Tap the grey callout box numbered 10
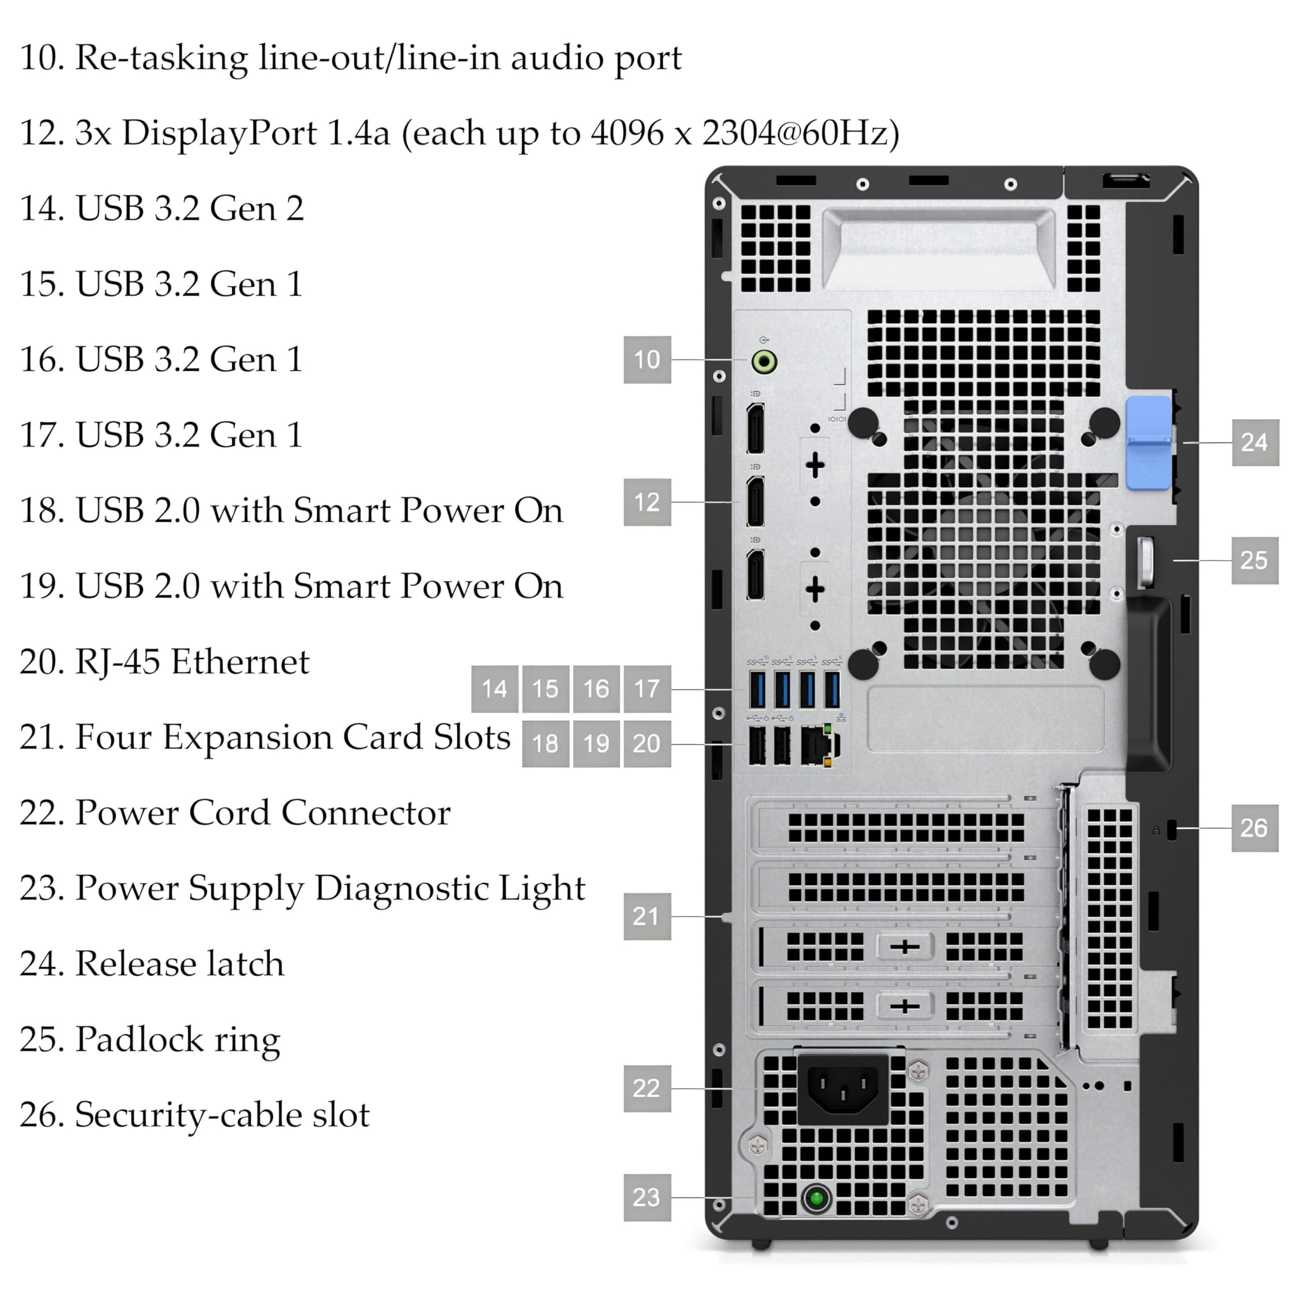coord(646,360)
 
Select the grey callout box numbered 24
coord(1255,442)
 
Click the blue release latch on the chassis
coord(1148,442)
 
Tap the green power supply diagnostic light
coord(817,1198)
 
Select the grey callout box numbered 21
coord(646,916)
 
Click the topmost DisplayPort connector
coord(755,428)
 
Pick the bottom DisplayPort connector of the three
coord(755,575)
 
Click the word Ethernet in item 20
coord(239,662)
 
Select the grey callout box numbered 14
coord(494,689)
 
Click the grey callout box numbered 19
coord(596,743)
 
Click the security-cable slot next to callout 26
coord(1171,829)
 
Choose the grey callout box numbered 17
coord(646,689)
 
